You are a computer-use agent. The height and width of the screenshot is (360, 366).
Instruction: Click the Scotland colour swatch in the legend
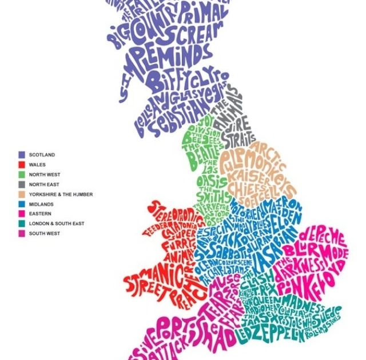point(21,155)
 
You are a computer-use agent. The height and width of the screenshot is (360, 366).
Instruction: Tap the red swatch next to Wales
point(21,165)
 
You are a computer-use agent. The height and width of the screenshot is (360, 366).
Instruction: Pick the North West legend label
point(44,174)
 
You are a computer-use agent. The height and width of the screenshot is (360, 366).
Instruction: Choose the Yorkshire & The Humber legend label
point(60,194)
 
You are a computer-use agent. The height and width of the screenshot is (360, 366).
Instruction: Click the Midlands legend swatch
point(21,204)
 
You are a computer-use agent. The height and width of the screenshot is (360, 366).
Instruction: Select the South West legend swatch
point(21,233)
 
